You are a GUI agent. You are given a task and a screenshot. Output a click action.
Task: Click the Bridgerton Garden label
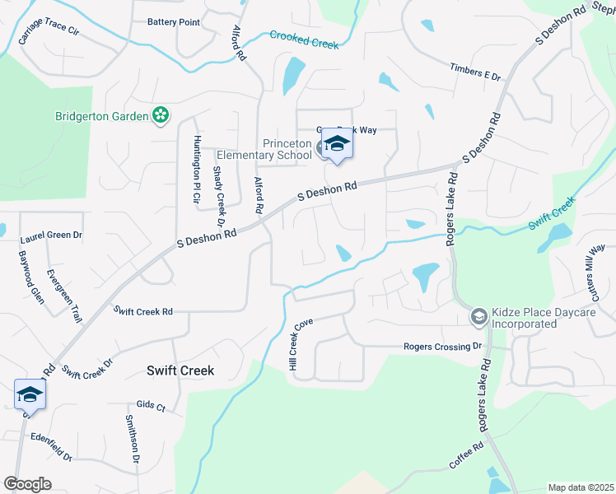101,116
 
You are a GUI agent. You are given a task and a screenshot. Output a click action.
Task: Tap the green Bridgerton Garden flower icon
161,116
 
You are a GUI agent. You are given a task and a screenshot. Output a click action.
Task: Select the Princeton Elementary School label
264,149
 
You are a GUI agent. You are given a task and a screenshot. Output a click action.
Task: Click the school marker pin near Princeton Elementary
336,146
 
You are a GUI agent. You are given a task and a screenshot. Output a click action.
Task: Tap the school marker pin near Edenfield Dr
30,395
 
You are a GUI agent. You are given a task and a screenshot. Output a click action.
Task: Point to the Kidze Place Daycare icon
478,316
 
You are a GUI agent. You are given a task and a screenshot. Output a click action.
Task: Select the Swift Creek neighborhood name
180,370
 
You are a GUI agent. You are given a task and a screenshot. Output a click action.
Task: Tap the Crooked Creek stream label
305,40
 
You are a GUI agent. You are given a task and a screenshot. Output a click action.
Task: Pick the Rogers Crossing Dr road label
441,347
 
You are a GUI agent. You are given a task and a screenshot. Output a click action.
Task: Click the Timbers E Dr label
475,72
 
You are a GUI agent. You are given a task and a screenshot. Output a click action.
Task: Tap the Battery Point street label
173,22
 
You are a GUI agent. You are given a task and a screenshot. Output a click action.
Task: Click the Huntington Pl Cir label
197,162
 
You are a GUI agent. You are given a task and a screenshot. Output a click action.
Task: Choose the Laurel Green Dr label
51,235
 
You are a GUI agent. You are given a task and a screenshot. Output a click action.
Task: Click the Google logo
27,484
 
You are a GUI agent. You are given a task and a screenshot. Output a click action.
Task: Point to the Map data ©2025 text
581,487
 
